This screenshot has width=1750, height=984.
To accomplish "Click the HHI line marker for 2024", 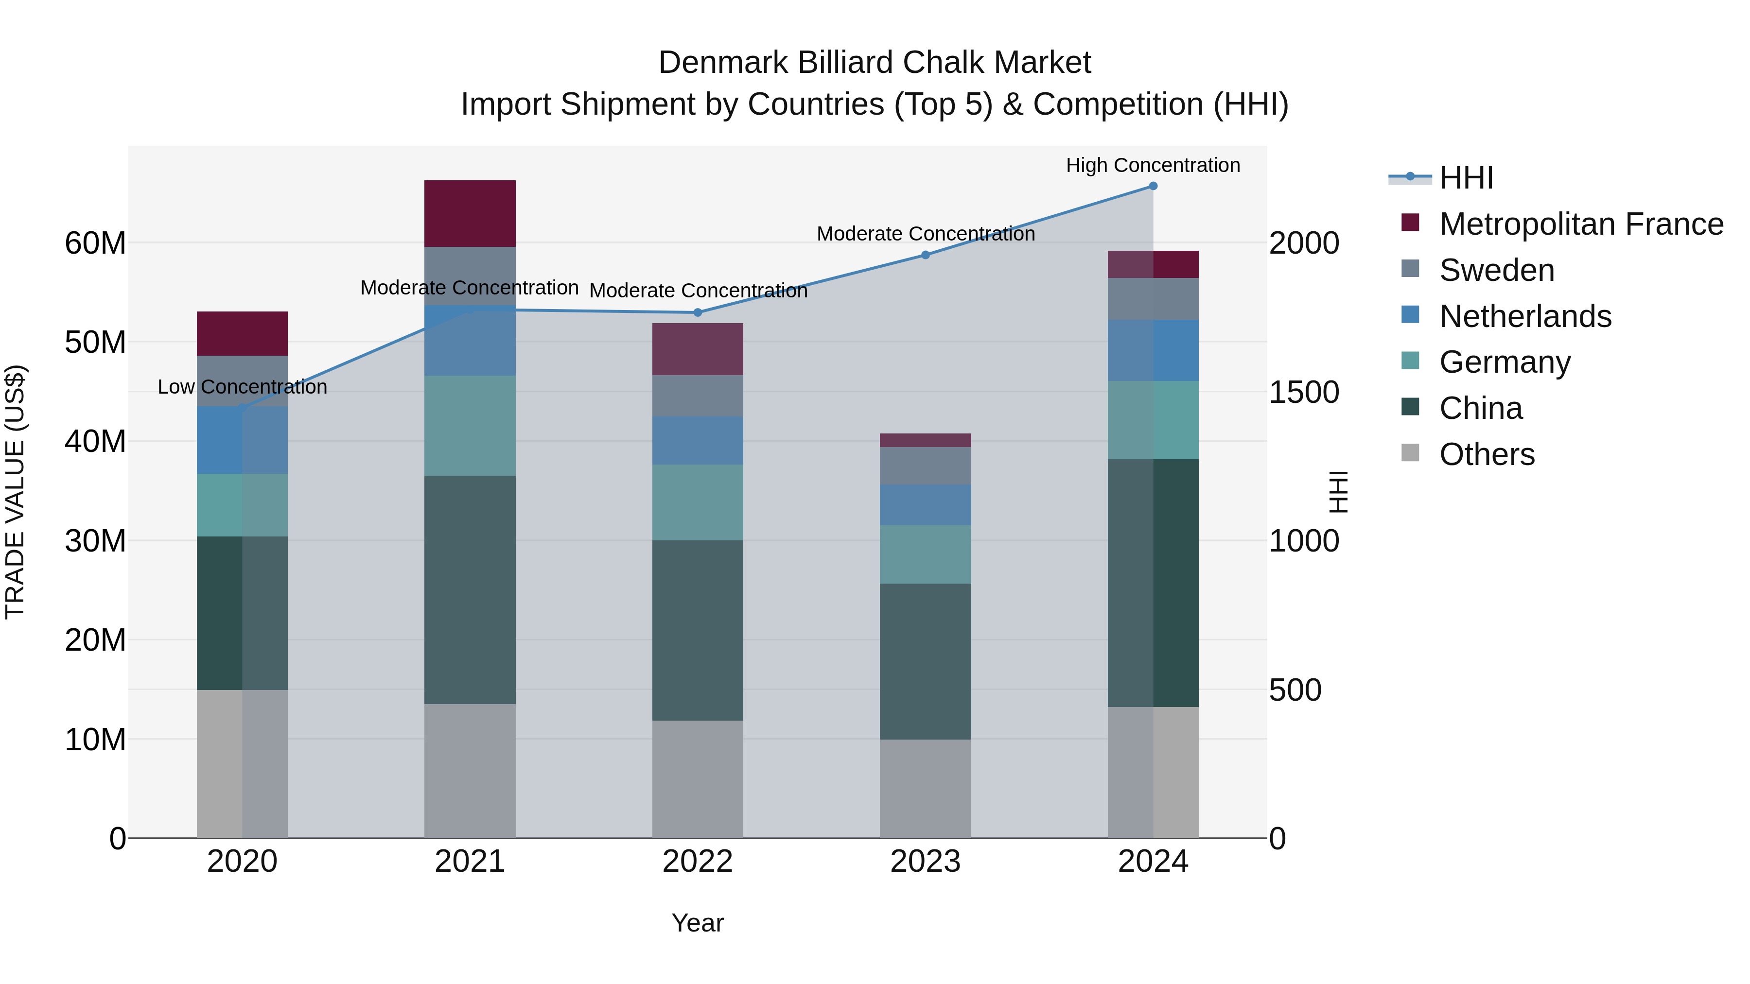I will [1153, 186].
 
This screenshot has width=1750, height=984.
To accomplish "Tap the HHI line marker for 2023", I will [925, 255].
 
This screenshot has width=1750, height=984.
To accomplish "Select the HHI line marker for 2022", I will [698, 312].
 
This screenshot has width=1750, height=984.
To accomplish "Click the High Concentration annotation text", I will [1153, 165].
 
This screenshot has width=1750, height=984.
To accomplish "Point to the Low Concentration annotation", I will [243, 387].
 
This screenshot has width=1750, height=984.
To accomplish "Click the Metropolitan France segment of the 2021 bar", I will [470, 213].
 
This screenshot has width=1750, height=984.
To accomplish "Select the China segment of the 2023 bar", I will [925, 661].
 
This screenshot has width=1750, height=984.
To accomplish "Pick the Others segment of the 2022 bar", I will [698, 779].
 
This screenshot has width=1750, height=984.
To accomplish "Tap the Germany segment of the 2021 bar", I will [470, 426].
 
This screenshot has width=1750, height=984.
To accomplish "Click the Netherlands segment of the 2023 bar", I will [925, 504].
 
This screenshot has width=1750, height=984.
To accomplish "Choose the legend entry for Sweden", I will [1497, 270].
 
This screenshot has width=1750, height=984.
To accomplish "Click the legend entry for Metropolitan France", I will [1581, 224].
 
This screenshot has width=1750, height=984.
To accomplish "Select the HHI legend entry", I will [1466, 178].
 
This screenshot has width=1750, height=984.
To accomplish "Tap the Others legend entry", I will [1487, 454].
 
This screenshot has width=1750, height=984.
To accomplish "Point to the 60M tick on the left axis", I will [95, 243].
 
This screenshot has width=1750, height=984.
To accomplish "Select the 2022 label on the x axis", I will [698, 862].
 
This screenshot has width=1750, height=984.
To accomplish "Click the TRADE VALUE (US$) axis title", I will [15, 492].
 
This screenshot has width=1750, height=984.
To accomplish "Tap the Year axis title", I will [698, 923].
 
